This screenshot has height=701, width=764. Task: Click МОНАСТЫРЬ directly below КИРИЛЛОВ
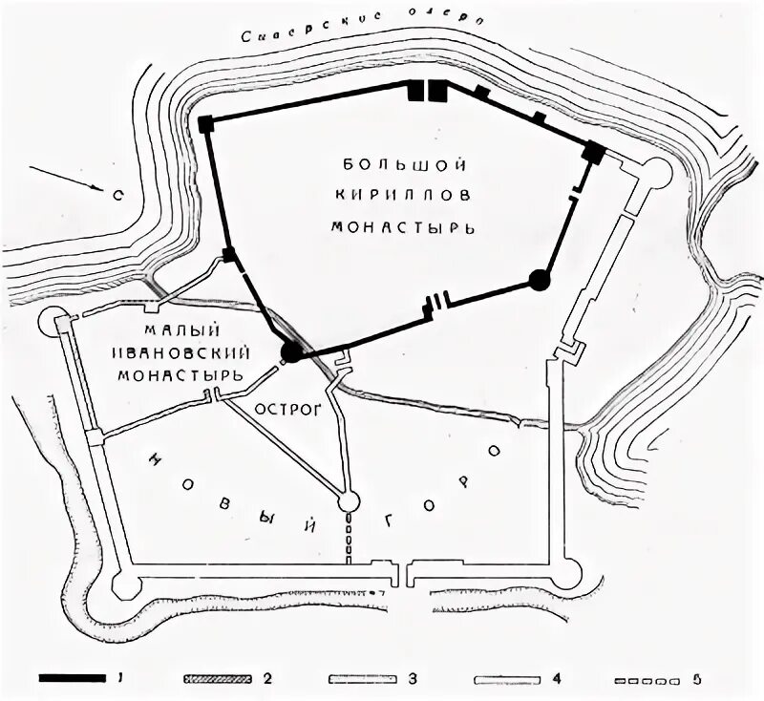(x=403, y=227)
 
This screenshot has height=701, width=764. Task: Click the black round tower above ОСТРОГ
(x=291, y=353)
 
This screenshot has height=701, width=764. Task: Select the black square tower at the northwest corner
(x=205, y=123)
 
